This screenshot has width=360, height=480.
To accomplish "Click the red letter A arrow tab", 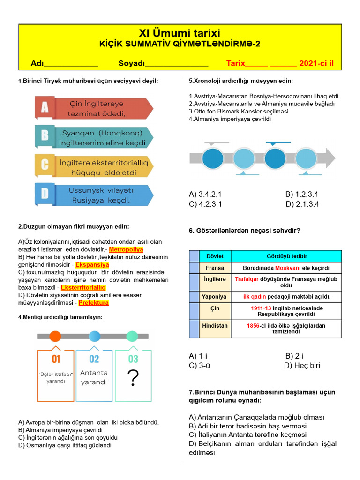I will tap(45, 108).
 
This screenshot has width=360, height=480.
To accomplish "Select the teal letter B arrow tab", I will tap(45, 136).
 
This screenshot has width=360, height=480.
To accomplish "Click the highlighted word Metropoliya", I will tap(126, 249).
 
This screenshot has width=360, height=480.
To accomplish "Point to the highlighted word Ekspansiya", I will tap(93, 265).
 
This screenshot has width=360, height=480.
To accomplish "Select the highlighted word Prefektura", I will tap(94, 303).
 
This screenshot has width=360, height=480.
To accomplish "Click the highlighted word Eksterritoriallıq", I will tap(83, 287).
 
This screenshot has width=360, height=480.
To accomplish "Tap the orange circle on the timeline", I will tap(55, 336).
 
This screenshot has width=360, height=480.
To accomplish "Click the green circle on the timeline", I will tap(132, 336).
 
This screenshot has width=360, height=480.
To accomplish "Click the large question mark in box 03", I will tap(134, 378).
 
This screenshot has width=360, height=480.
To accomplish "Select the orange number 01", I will tap(56, 359).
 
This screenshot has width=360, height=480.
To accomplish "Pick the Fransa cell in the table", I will tap(215, 268).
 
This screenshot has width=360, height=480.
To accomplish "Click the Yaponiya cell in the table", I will tap(214, 297).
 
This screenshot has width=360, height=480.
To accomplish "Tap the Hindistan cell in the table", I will tap(215, 325).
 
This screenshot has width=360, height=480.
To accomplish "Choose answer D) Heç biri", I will tap(302, 366).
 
